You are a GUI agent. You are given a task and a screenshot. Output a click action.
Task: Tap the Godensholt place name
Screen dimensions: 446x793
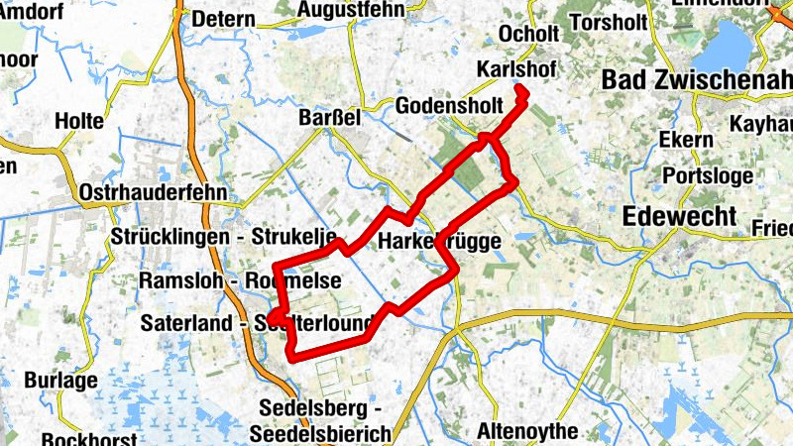(442, 106)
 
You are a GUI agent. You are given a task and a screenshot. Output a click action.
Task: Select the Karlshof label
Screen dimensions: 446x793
(515, 70)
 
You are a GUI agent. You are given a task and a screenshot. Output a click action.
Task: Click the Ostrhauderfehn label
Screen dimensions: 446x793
(154, 192)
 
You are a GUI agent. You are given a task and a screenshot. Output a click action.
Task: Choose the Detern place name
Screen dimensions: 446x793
(223, 19)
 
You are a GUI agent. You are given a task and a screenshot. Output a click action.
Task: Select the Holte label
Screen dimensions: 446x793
(79, 120)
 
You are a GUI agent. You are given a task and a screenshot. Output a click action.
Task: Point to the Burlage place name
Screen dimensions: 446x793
(61, 380)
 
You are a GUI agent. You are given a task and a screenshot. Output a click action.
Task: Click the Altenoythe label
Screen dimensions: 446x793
(527, 430)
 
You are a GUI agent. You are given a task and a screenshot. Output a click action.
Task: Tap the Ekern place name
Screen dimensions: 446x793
(686, 140)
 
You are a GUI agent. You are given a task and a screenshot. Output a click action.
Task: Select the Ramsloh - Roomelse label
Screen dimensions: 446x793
(240, 280)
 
